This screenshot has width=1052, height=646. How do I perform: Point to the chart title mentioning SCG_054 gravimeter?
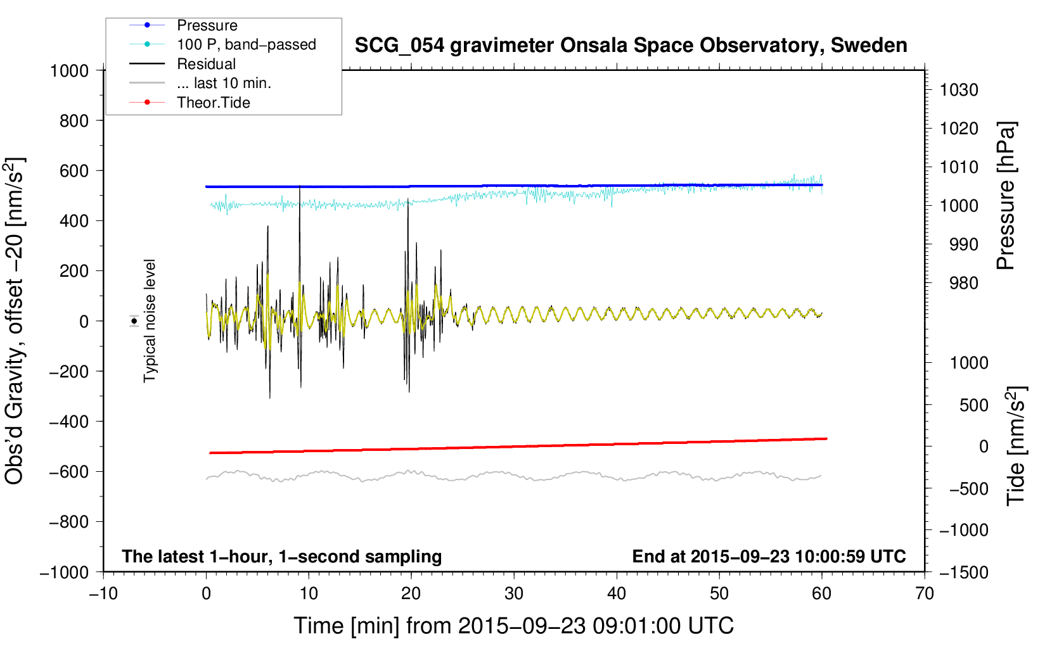tap(631, 45)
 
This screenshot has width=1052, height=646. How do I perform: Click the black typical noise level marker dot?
tap(134, 321)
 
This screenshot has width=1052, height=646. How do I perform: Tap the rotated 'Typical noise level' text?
tap(150, 321)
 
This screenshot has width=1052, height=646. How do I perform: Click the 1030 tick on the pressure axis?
tap(959, 90)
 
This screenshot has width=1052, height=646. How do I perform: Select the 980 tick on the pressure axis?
tap(964, 283)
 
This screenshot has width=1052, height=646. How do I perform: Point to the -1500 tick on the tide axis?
tap(964, 573)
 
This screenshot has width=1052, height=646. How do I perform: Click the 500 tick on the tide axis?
tap(973, 405)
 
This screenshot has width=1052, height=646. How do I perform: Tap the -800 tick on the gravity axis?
tap(68, 522)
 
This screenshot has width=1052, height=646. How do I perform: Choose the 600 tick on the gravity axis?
tap(74, 170)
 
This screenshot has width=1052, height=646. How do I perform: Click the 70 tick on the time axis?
tap(924, 593)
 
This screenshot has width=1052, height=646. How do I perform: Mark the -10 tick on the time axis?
tap(103, 593)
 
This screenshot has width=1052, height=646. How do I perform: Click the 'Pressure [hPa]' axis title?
tap(1006, 196)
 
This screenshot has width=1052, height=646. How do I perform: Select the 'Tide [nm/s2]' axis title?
tap(1016, 446)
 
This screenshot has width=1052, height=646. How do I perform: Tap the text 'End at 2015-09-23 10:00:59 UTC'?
tap(769, 556)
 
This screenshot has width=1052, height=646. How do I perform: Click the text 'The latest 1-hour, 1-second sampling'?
tap(282, 557)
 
